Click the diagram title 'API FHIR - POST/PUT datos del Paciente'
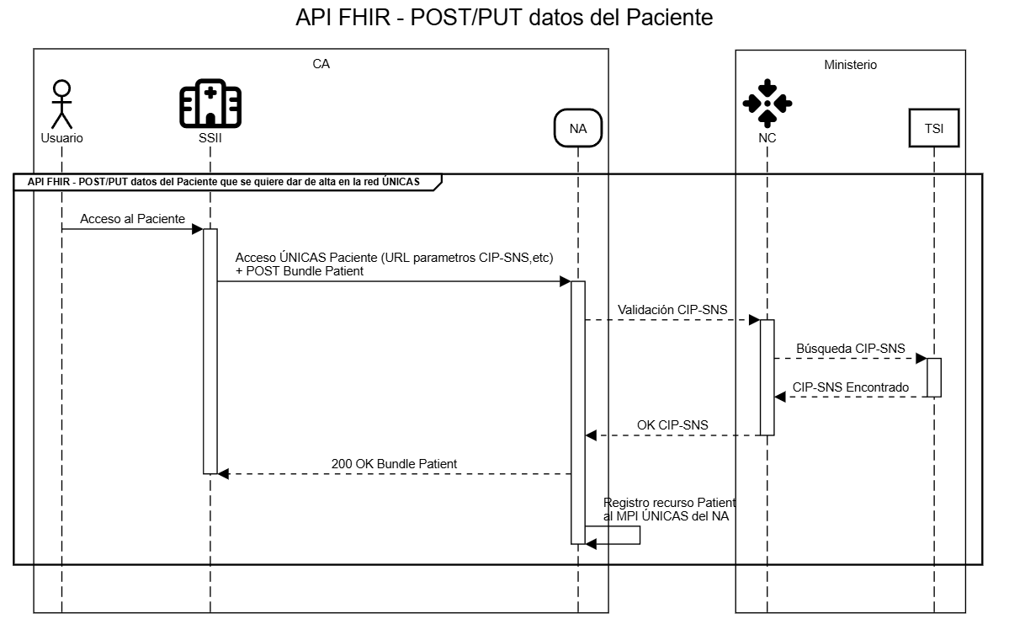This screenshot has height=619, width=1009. [x=504, y=18]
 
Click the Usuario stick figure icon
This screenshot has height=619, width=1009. [x=61, y=104]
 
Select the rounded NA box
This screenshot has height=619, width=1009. [x=577, y=129]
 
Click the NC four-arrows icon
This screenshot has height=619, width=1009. [x=767, y=103]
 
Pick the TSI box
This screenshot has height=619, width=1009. [x=934, y=129]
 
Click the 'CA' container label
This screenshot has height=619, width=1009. [x=321, y=64]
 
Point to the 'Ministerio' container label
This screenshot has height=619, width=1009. [x=850, y=64]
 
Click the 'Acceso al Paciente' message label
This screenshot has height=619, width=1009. [x=132, y=219]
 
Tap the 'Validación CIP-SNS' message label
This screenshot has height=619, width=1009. [x=672, y=310]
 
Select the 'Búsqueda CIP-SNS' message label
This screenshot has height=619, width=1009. [x=850, y=348]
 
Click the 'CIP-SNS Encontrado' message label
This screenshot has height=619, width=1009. [x=850, y=387]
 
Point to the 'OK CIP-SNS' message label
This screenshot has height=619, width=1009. [x=672, y=425]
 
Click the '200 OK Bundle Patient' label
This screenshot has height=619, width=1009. [x=394, y=464]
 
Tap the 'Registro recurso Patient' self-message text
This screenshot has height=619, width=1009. [x=670, y=503]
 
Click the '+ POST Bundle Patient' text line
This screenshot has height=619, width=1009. [x=300, y=270]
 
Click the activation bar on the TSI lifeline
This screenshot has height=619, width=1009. [x=934, y=377]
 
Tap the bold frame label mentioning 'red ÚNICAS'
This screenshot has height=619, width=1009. [x=223, y=181]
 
